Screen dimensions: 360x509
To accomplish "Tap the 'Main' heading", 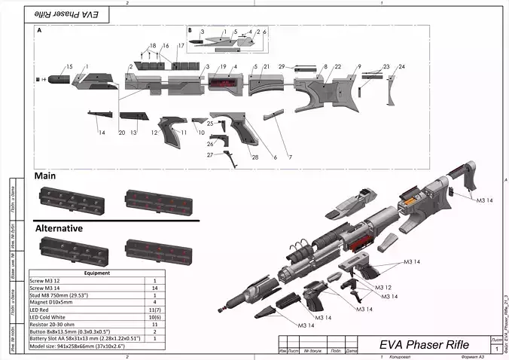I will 47,175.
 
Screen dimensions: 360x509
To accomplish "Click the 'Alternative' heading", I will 59,227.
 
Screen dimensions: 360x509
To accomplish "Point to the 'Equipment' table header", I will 98,273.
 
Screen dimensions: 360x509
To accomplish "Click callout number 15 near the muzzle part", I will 69,68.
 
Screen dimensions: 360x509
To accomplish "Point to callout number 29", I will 281,68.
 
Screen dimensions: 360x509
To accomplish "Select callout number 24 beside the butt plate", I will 402,68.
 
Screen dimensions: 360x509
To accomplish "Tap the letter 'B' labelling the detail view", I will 190,32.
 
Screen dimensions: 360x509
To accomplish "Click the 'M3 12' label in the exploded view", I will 383,288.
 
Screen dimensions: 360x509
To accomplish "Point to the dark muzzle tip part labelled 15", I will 58,78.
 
